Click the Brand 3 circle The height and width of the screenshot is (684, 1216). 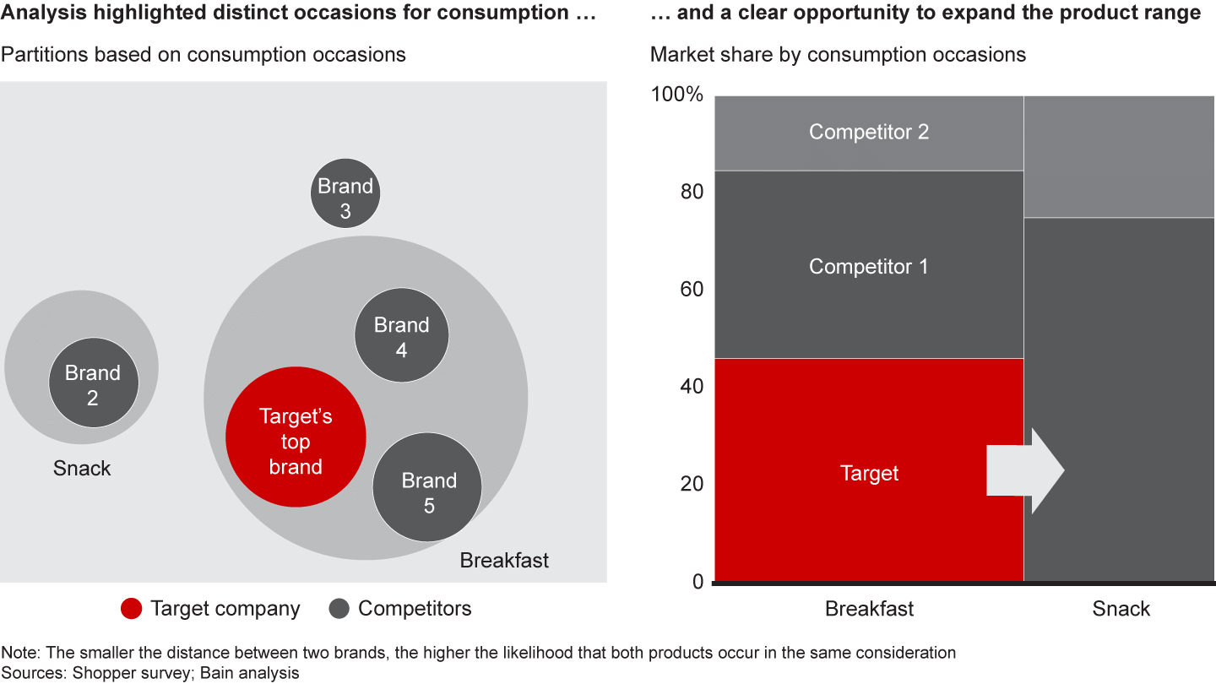pyautogui.click(x=345, y=192)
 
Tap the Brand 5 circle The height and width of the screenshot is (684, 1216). pyautogui.click(x=428, y=487)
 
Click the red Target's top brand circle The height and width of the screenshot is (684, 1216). pyautogui.click(x=296, y=437)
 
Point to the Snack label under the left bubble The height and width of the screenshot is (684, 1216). pyautogui.click(x=82, y=469)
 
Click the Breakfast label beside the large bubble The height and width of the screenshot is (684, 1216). pyautogui.click(x=504, y=560)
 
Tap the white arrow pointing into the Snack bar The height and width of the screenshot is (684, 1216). pyautogui.click(x=1025, y=470)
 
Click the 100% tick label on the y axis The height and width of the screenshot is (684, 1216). pyautogui.click(x=676, y=94)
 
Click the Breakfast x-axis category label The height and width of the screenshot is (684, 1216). pyautogui.click(x=869, y=609)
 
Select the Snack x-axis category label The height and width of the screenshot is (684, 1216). pyautogui.click(x=1121, y=609)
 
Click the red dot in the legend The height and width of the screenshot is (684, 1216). pyautogui.click(x=132, y=609)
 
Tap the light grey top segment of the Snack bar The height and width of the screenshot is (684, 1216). pyautogui.click(x=1119, y=156)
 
